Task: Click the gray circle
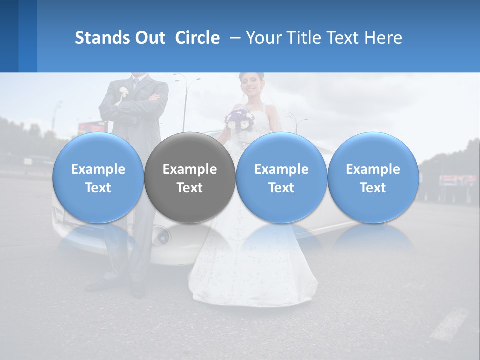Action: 190,177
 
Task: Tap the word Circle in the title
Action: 197,38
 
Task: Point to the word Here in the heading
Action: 382,38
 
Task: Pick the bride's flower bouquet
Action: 240,119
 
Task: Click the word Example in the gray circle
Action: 190,169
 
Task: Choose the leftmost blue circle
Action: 98,177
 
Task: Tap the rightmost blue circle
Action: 373,177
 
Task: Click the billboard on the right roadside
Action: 458,180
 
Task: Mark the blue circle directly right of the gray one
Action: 281,177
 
